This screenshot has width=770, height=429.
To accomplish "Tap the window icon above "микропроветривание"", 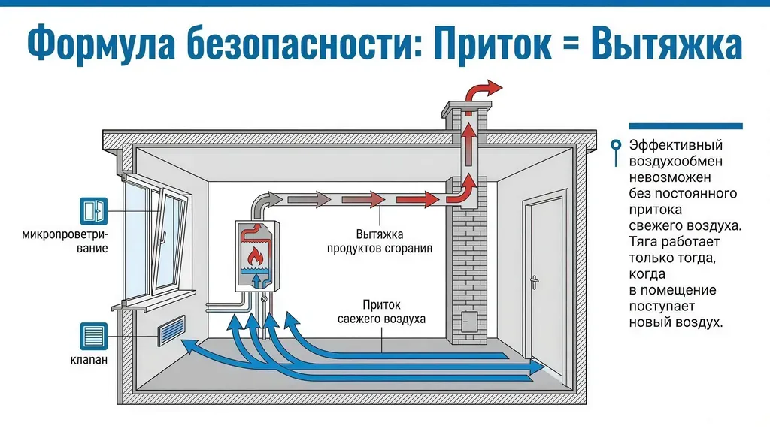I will click(92, 211).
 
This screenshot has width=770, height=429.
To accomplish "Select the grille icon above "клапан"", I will click(92, 336).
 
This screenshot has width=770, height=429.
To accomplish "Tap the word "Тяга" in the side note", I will click(644, 241).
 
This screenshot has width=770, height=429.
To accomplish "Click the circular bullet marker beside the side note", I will click(617, 145).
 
